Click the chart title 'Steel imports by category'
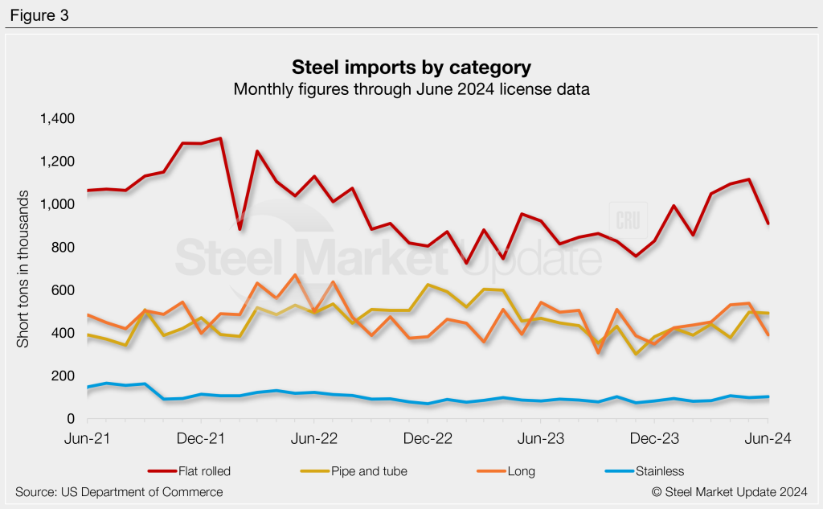[x=411, y=67]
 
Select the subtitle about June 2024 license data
[x=411, y=89]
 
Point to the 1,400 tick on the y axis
[x=57, y=119]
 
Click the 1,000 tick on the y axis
[x=57, y=204]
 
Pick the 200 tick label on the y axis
[x=63, y=376]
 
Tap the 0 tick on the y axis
[x=71, y=419]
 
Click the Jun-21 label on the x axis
[x=86, y=439]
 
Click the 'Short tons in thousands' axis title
[x=23, y=269]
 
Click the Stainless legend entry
[x=642, y=471]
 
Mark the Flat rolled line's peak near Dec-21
[x=219, y=138]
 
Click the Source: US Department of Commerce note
[x=119, y=491]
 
